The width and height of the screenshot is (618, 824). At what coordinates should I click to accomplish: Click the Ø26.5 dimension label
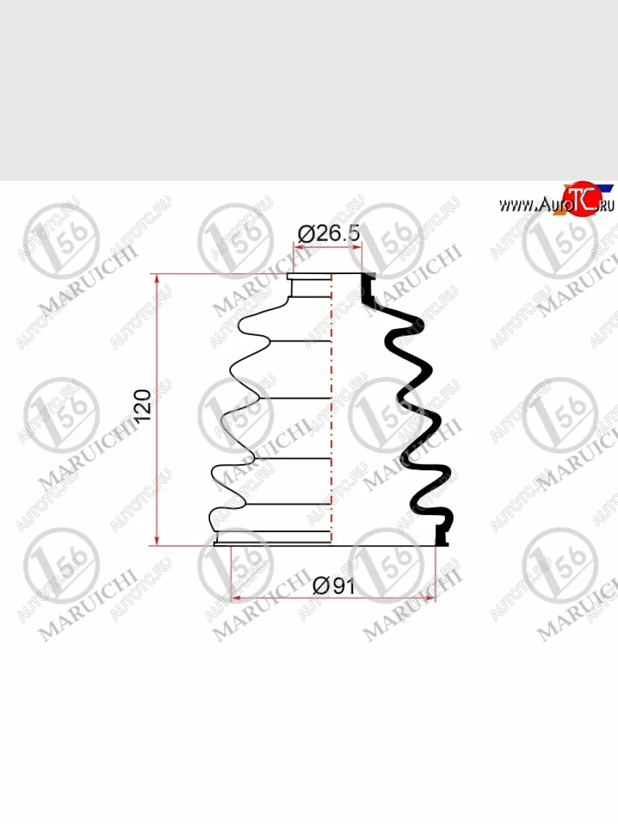click(329, 233)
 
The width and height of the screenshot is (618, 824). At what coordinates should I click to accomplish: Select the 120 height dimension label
click(143, 405)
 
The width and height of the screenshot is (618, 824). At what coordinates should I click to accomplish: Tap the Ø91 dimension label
click(334, 586)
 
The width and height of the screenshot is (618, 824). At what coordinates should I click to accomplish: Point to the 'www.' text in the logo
click(518, 206)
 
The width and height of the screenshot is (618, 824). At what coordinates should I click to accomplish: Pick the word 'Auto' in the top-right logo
click(551, 205)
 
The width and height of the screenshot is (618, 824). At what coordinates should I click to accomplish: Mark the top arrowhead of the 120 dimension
click(157, 279)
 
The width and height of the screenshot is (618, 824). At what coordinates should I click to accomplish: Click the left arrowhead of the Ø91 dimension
click(236, 598)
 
